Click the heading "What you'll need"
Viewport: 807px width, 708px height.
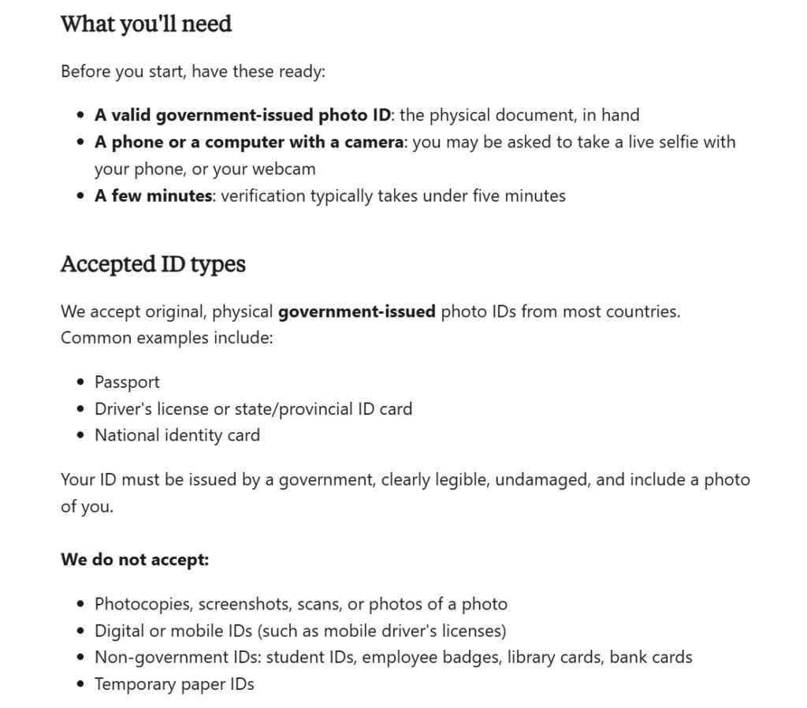coord(146,24)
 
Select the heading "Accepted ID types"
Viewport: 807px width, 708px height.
coord(153,264)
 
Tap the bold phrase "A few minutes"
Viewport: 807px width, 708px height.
coord(154,196)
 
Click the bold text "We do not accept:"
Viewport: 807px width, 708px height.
coord(135,561)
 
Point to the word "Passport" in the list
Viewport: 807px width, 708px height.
coord(127,382)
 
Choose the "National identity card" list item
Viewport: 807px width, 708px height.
coord(177,435)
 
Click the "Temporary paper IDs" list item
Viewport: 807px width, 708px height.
coord(174,684)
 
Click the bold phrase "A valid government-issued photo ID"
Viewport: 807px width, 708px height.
coord(243,115)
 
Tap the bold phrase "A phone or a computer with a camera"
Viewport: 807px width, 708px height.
coord(249,142)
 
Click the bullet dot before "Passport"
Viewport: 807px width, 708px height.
coord(81,383)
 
